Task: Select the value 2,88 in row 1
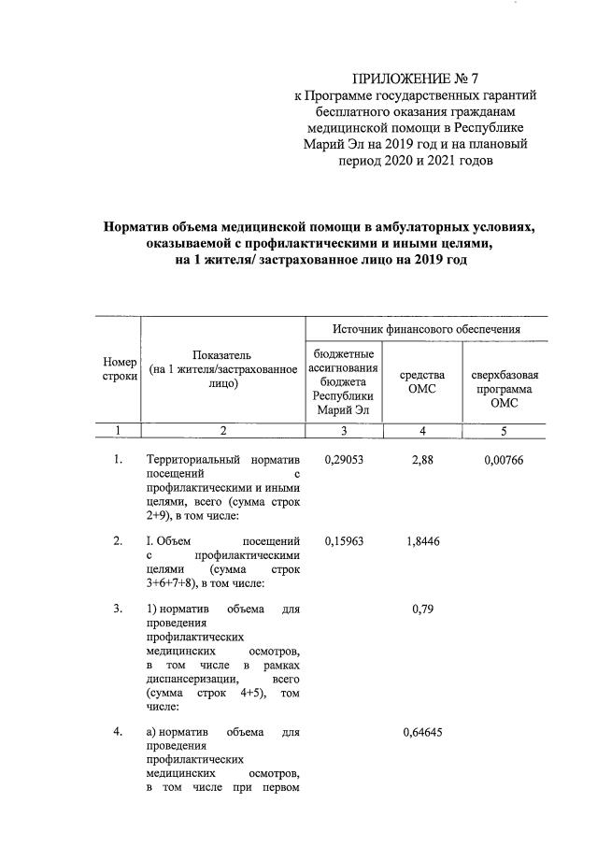pyautogui.click(x=422, y=460)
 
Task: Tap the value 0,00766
pyautogui.click(x=505, y=460)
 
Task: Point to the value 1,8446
pyautogui.click(x=422, y=540)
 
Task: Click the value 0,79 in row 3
pyautogui.click(x=422, y=609)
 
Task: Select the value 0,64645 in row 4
pyautogui.click(x=422, y=732)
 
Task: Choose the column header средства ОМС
pyautogui.click(x=422, y=381)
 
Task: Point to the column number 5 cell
pyautogui.click(x=505, y=430)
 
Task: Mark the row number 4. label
pyautogui.click(x=118, y=732)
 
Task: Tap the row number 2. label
pyautogui.click(x=118, y=540)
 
